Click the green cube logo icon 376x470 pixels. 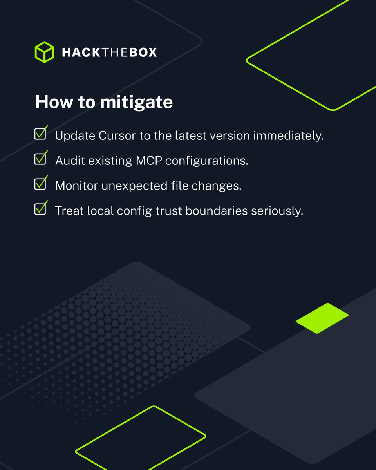point(44,52)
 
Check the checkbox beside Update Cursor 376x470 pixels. point(40,134)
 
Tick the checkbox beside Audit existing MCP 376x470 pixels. point(40,159)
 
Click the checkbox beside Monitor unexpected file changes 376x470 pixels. point(40,184)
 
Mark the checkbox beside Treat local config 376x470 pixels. point(40,209)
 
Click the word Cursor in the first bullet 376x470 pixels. point(114,136)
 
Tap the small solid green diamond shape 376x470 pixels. point(322,318)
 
